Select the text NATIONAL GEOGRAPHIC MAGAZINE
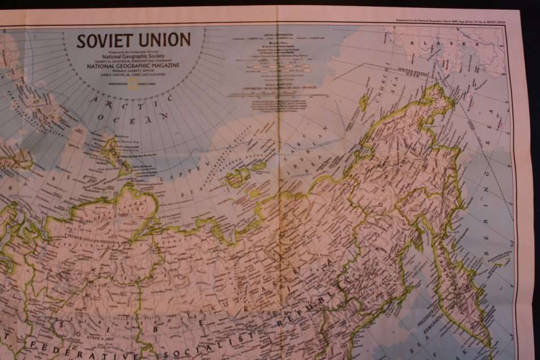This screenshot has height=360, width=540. click(x=133, y=66)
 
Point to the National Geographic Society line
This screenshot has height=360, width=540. click(x=133, y=56)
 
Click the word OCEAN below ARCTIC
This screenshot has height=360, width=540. click(x=134, y=117)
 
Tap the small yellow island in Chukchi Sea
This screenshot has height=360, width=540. click(x=363, y=103)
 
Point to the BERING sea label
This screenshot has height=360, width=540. click(x=487, y=217)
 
